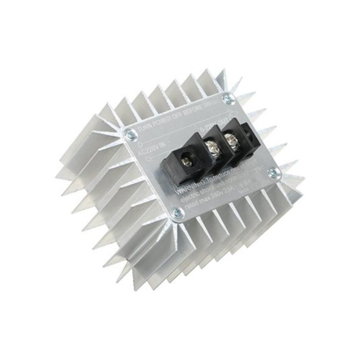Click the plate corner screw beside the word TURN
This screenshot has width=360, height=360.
(131, 135)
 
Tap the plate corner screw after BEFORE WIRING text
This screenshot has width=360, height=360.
(227, 97)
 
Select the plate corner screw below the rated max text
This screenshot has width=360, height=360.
(176, 211)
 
